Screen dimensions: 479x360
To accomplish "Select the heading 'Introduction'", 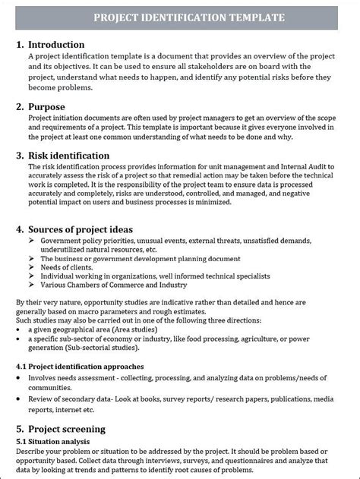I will tap(60, 45).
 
